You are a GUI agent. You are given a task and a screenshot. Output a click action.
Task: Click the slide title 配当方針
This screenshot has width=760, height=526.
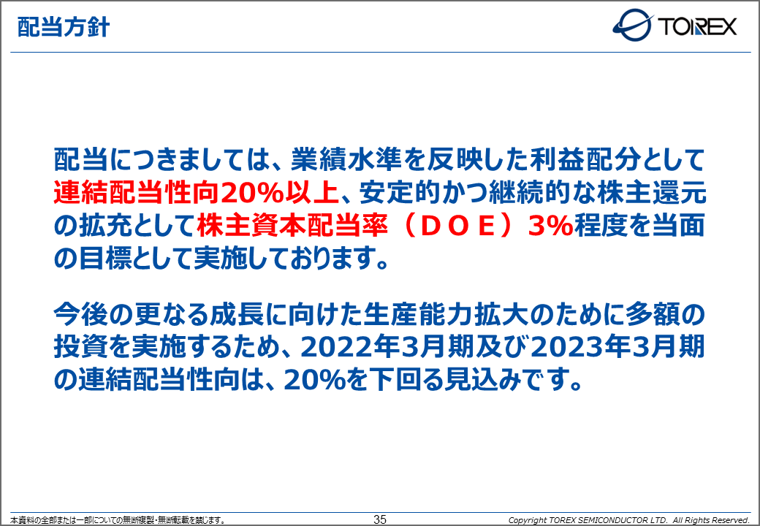(x=64, y=27)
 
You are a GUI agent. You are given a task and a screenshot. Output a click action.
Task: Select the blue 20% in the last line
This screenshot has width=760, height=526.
(x=313, y=381)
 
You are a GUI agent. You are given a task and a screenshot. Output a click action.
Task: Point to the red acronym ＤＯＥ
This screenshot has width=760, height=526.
(x=457, y=226)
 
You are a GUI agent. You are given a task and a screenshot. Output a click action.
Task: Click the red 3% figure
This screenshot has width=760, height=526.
(x=550, y=226)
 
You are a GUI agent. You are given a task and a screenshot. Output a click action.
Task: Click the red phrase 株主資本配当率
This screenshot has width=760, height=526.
(x=292, y=226)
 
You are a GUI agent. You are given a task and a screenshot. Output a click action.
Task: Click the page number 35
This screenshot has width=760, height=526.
(x=380, y=519)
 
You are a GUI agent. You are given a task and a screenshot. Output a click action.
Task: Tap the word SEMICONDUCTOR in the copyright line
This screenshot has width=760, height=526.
(x=612, y=520)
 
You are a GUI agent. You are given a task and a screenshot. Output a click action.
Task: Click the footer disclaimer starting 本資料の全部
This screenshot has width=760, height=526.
(x=118, y=520)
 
